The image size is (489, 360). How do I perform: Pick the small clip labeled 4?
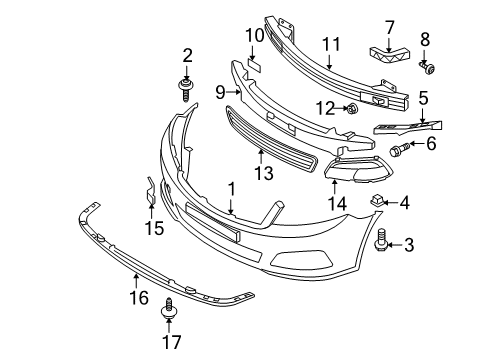376,203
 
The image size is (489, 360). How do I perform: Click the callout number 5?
424,98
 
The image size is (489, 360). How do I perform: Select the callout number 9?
219,93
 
